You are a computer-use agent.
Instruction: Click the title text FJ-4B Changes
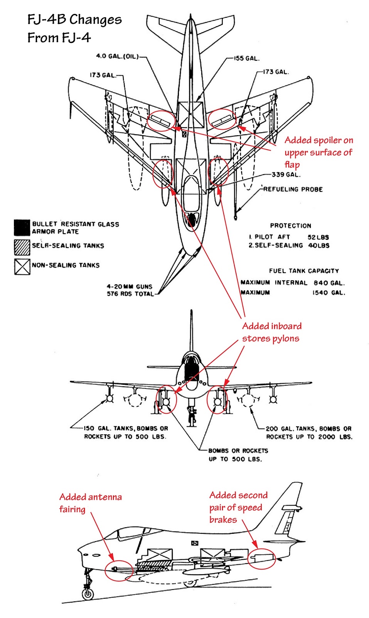[x=74, y=19]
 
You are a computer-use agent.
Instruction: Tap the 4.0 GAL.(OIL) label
[x=117, y=56]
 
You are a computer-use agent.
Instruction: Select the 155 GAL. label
[x=247, y=58]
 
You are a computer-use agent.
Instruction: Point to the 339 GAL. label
[x=286, y=175]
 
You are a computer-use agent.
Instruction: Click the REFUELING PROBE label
[x=293, y=189]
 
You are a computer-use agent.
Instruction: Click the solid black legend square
[x=22, y=228]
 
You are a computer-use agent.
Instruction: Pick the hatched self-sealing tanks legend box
[x=22, y=247]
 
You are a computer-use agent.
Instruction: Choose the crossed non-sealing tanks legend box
[x=22, y=267]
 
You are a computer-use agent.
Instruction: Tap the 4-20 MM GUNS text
[x=130, y=287]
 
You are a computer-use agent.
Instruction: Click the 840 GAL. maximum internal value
[x=329, y=283]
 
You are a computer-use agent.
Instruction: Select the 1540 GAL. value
[x=329, y=293]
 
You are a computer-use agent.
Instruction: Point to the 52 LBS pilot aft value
[x=318, y=237]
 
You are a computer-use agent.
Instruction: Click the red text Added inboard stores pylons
[x=271, y=332]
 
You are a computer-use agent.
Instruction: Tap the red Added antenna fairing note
[x=90, y=503]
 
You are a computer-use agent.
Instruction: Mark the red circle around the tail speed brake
[x=261, y=559]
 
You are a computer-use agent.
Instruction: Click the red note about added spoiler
[x=318, y=152]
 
